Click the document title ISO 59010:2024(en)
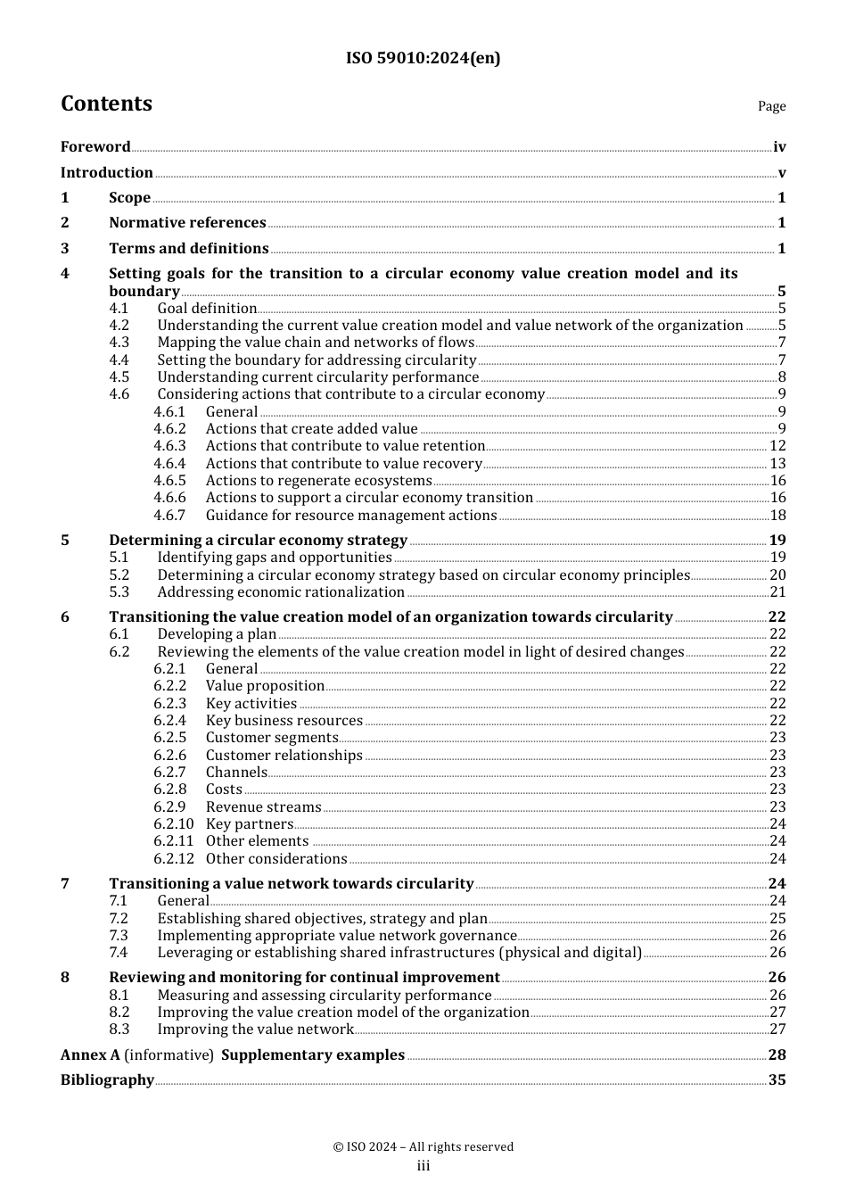[x=423, y=58]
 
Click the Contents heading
[x=106, y=103]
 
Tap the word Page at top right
[x=771, y=106]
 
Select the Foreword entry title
[x=95, y=147]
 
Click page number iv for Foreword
[x=779, y=147]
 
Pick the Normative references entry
[x=187, y=223]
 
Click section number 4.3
[x=119, y=343]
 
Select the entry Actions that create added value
[x=311, y=429]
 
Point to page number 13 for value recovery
[x=777, y=464]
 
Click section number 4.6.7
[x=169, y=516]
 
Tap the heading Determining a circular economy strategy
[x=258, y=541]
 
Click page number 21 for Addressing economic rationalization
[x=777, y=592]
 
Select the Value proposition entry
[x=265, y=686]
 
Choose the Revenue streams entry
[x=263, y=807]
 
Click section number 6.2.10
[x=173, y=824]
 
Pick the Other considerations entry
[x=276, y=859]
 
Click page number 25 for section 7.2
[x=777, y=919]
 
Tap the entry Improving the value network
[x=255, y=1029]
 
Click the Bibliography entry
[x=107, y=1080]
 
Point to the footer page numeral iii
[x=423, y=1166]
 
